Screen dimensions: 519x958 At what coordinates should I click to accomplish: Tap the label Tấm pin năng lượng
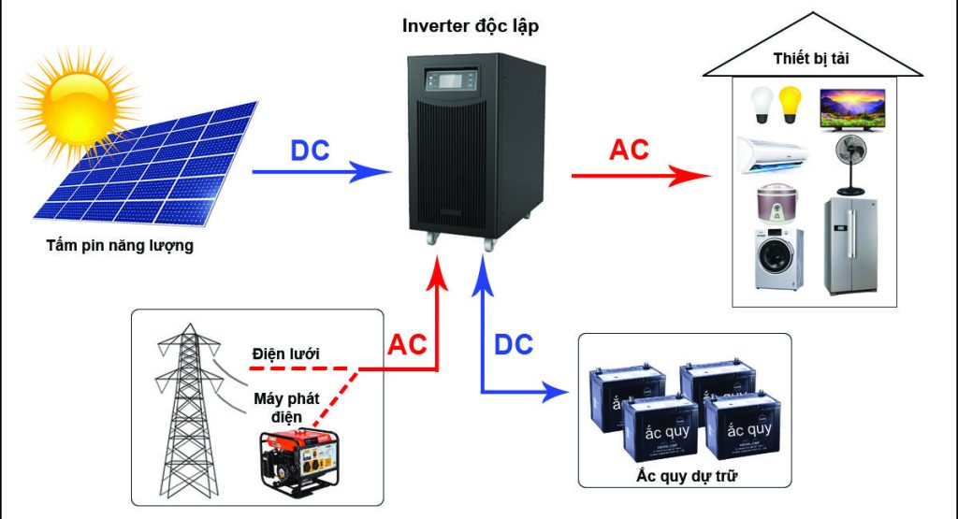120,247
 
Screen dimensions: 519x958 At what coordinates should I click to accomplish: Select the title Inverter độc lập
470,25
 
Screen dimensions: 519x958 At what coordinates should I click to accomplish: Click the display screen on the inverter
459,78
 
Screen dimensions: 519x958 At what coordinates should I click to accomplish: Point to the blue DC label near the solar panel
311,151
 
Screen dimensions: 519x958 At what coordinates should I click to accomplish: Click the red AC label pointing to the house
629,150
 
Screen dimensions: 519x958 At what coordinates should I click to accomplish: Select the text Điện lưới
286,354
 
